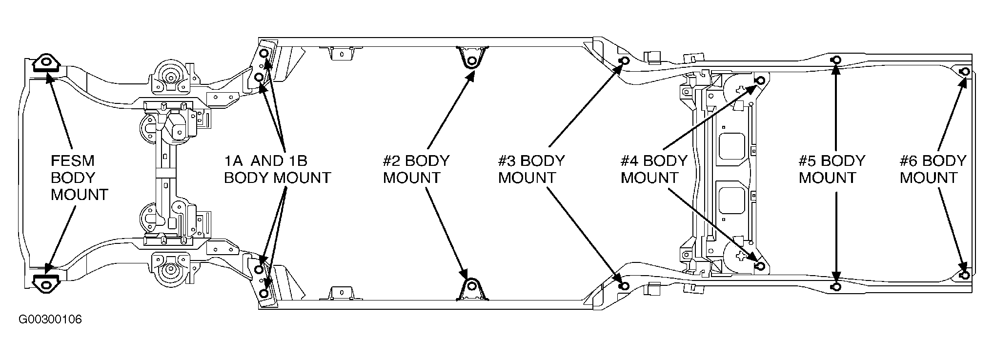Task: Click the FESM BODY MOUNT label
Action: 79,178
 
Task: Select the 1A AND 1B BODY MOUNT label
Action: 277,169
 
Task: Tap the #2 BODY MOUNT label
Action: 416,169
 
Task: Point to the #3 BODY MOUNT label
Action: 531,169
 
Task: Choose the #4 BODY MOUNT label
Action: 654,169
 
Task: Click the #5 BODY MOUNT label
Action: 832,169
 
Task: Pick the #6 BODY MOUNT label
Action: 933,169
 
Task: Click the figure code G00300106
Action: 50,320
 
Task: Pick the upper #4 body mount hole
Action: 760,80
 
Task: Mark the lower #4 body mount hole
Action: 760,266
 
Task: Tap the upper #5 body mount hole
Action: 835,60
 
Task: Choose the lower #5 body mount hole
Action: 835,286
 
